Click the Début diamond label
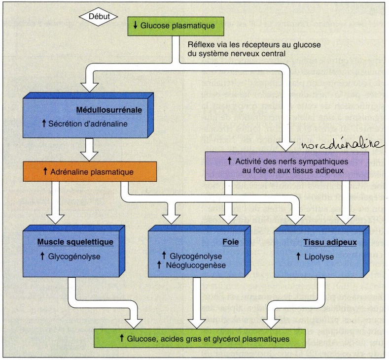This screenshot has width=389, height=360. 98,16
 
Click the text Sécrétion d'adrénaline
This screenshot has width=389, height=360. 88,124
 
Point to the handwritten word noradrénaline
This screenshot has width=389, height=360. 342,144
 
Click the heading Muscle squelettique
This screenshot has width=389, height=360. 76,242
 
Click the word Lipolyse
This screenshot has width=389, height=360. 319,257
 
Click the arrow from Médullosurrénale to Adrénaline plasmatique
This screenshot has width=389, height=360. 89,149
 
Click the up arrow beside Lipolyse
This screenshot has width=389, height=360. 298,257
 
